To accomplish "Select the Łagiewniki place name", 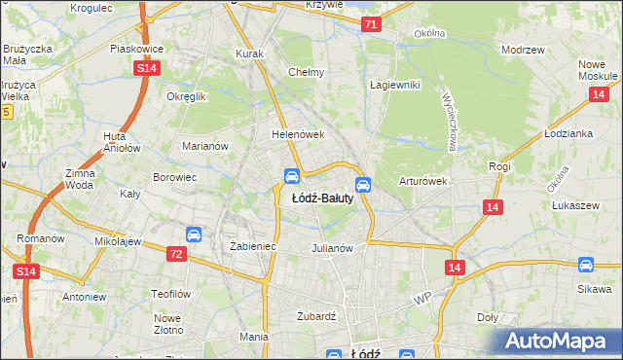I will click(x=394, y=85).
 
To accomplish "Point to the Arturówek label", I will click(x=422, y=181).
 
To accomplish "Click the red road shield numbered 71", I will click(x=370, y=25).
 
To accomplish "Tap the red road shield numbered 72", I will click(x=175, y=254).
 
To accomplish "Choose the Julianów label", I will click(x=331, y=248).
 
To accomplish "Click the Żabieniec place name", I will click(x=253, y=247).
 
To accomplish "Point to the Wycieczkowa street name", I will click(x=451, y=122).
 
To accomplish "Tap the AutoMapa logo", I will click(x=559, y=342).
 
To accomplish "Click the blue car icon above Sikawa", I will click(x=585, y=265).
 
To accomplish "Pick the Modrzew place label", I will click(x=521, y=50).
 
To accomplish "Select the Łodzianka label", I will click(x=569, y=133).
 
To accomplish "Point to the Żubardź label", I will click(x=316, y=316).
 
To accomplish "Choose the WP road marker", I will click(x=421, y=297).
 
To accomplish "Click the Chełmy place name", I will click(x=306, y=72).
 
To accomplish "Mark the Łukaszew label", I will click(x=574, y=206).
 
